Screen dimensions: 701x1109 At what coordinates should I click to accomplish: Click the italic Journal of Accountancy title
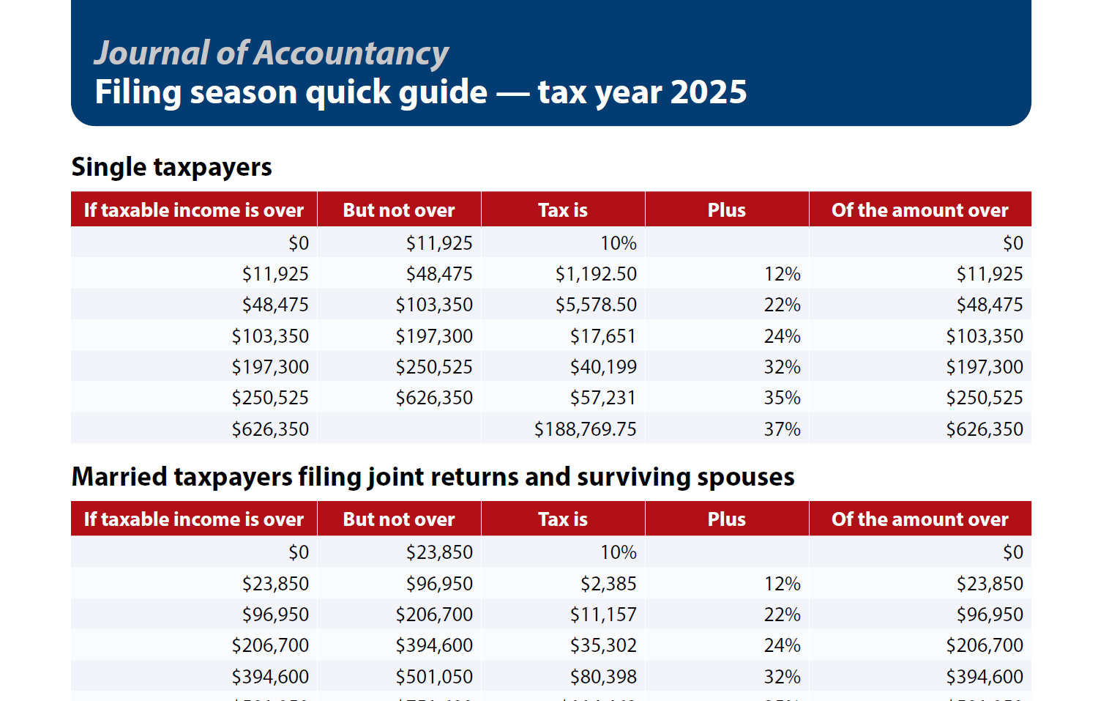[271, 53]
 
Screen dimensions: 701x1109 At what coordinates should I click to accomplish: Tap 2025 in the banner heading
[708, 92]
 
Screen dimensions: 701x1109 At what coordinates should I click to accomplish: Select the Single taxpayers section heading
[171, 167]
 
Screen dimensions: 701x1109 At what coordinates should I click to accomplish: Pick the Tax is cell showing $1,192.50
[596, 274]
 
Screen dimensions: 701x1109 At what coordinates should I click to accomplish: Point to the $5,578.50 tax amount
[596, 305]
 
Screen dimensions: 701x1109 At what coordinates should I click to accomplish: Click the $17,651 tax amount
[603, 336]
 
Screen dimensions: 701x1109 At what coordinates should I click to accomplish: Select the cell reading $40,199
[603, 367]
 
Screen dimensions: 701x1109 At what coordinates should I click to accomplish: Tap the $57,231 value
[603, 398]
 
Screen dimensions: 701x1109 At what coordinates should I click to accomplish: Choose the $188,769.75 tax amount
[585, 429]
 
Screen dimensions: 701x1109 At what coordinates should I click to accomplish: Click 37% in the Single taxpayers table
[782, 429]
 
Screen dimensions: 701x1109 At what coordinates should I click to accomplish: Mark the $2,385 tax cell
[608, 584]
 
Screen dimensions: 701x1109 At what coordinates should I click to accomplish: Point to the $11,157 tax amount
[603, 615]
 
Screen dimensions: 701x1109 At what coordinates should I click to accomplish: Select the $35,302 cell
[603, 645]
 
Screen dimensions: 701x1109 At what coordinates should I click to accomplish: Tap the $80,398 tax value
[603, 677]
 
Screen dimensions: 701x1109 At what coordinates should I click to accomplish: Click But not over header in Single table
[399, 210]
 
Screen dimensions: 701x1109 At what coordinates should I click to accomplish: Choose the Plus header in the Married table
[726, 519]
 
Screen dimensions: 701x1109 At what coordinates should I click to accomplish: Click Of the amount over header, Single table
[919, 210]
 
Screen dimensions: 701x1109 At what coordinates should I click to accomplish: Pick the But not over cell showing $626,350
[434, 398]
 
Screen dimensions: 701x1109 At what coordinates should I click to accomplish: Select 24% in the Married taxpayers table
[782, 645]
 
